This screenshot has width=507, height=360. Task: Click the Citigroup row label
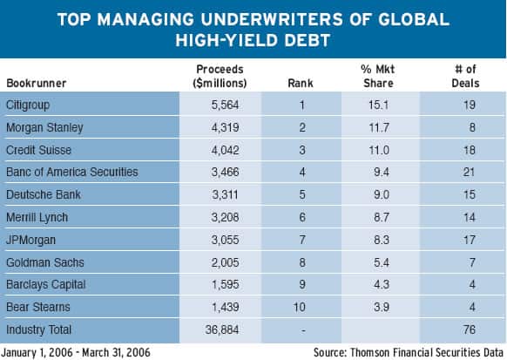tap(28, 105)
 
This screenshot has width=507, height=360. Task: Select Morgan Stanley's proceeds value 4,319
tap(225, 127)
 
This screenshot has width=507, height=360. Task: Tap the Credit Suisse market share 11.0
tap(379, 150)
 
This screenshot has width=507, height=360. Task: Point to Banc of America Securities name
tap(72, 172)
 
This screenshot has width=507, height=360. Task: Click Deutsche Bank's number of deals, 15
tap(470, 194)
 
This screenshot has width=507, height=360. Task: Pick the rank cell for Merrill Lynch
tap(302, 217)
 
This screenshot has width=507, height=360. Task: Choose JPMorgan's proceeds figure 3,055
tap(225, 240)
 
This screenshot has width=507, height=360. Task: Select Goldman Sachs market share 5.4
tap(382, 262)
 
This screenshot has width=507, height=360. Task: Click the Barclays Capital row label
tap(46, 285)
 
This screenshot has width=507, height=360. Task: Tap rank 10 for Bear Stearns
tap(300, 307)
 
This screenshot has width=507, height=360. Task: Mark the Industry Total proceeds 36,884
tap(222, 329)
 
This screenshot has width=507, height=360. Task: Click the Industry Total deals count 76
tap(470, 329)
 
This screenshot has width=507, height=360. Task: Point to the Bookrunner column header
tap(37, 83)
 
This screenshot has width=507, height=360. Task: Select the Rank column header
tap(301, 83)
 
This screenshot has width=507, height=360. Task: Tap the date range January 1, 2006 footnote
tap(76, 352)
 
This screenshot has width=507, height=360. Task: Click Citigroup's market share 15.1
tap(379, 105)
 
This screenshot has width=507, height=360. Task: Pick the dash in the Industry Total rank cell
tap(303, 330)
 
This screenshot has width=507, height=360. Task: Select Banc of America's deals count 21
tap(469, 172)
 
